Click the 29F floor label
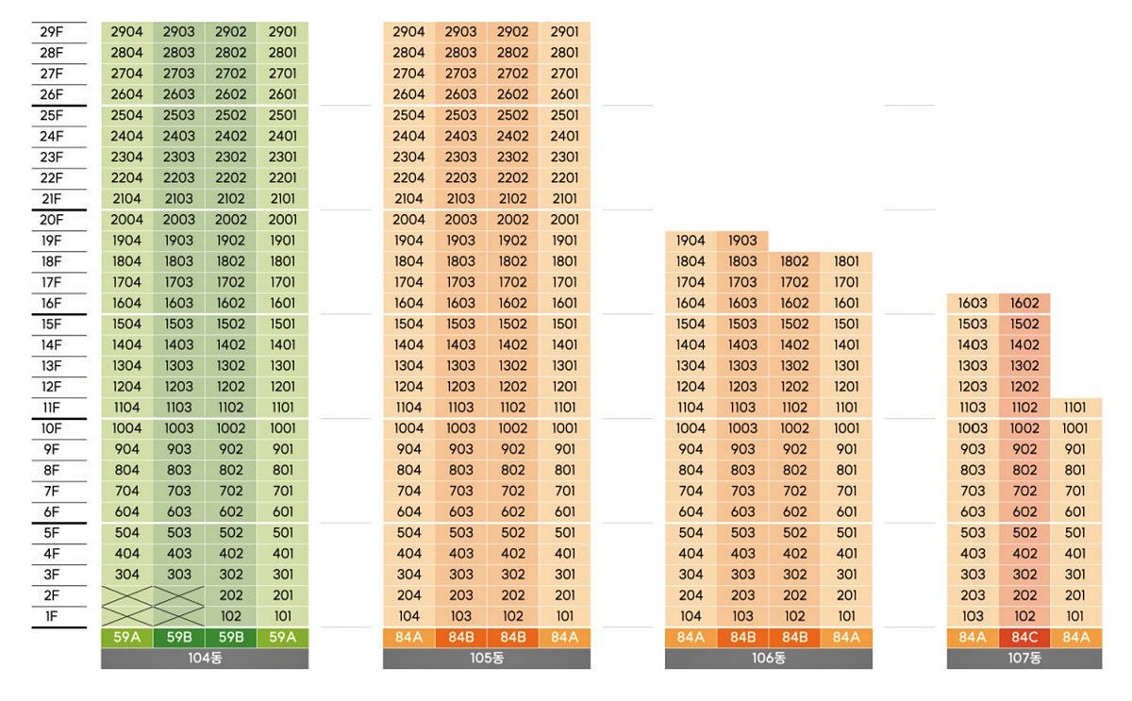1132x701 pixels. (52, 32)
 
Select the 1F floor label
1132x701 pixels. (52, 616)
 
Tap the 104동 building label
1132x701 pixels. (205, 659)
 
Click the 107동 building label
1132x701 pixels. (1024, 659)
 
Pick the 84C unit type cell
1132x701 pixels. (1024, 638)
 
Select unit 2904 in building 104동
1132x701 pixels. (127, 32)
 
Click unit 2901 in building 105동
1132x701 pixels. (564, 32)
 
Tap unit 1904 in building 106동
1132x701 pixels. (691, 241)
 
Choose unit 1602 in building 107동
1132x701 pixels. (1024, 304)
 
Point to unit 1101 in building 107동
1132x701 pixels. (1074, 408)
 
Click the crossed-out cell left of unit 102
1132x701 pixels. (179, 616)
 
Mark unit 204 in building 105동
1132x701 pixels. (409, 595)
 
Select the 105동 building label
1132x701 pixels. (487, 659)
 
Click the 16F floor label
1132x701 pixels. (52, 304)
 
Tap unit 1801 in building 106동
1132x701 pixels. (846, 261)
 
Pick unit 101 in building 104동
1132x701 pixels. (282, 616)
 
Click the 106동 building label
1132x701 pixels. (769, 659)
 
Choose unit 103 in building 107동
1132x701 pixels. (973, 616)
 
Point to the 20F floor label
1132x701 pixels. (52, 220)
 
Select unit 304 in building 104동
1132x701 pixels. (127, 575)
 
